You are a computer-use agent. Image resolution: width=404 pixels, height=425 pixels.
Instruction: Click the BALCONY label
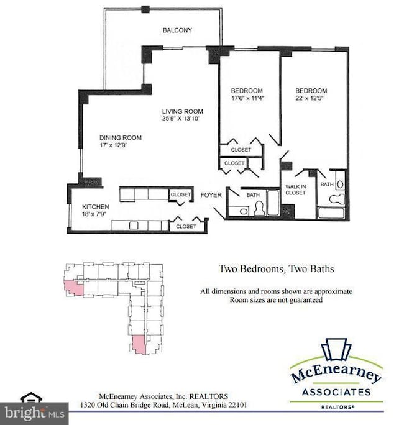(x=178, y=30)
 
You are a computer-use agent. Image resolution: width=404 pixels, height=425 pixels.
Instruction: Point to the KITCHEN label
(x=96, y=206)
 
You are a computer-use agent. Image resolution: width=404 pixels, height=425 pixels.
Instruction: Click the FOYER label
(x=211, y=195)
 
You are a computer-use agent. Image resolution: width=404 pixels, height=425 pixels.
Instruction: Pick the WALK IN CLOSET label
(x=295, y=189)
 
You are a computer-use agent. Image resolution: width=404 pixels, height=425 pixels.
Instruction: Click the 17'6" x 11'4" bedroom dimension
(x=247, y=98)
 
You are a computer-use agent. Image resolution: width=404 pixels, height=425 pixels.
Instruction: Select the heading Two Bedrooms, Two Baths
(x=276, y=269)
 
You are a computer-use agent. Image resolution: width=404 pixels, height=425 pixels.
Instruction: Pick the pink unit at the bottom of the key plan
(x=140, y=344)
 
